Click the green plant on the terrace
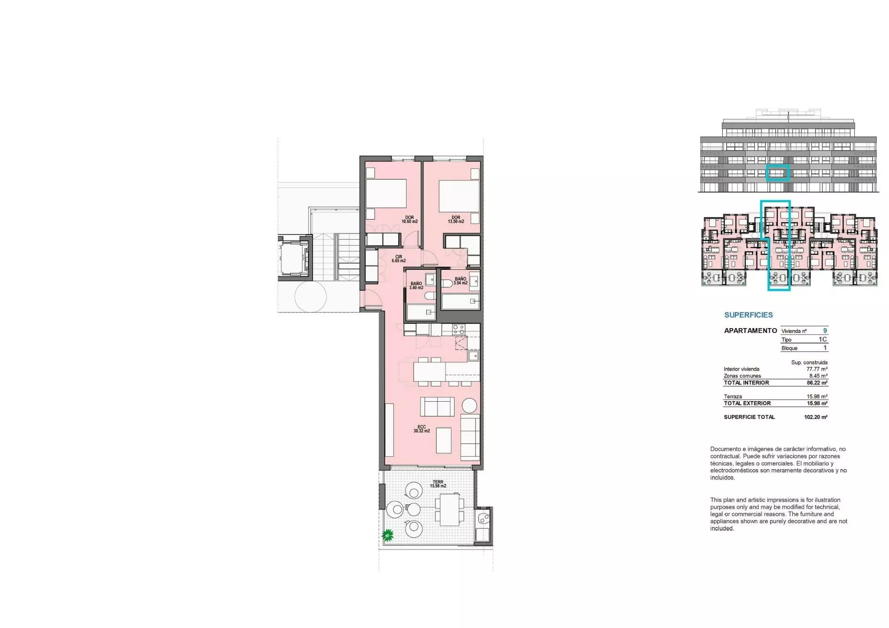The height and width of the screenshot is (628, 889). [x=388, y=536]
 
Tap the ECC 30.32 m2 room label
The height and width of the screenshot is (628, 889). [x=421, y=429]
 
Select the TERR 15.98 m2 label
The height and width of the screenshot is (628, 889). [x=438, y=484]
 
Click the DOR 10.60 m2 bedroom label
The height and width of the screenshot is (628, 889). [x=409, y=219]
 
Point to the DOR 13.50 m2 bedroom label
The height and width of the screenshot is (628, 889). [x=456, y=219]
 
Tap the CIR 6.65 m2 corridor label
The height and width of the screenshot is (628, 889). [x=399, y=259]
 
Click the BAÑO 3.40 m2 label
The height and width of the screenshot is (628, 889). [x=416, y=286]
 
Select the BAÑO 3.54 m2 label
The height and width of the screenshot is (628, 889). [x=460, y=281]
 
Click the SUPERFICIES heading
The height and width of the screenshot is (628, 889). [x=748, y=315]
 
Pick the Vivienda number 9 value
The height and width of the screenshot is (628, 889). [x=825, y=330]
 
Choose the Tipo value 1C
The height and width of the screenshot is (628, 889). [x=823, y=339]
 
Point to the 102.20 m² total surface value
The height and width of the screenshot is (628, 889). [x=816, y=417]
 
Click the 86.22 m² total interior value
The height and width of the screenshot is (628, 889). [x=817, y=383]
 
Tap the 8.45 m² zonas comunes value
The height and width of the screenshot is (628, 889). [x=818, y=376]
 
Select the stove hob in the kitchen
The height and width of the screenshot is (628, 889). [x=458, y=330]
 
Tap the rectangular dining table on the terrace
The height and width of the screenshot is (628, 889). [x=449, y=510]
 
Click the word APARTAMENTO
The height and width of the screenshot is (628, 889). [x=751, y=330]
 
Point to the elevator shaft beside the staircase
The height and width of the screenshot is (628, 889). [x=294, y=258]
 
